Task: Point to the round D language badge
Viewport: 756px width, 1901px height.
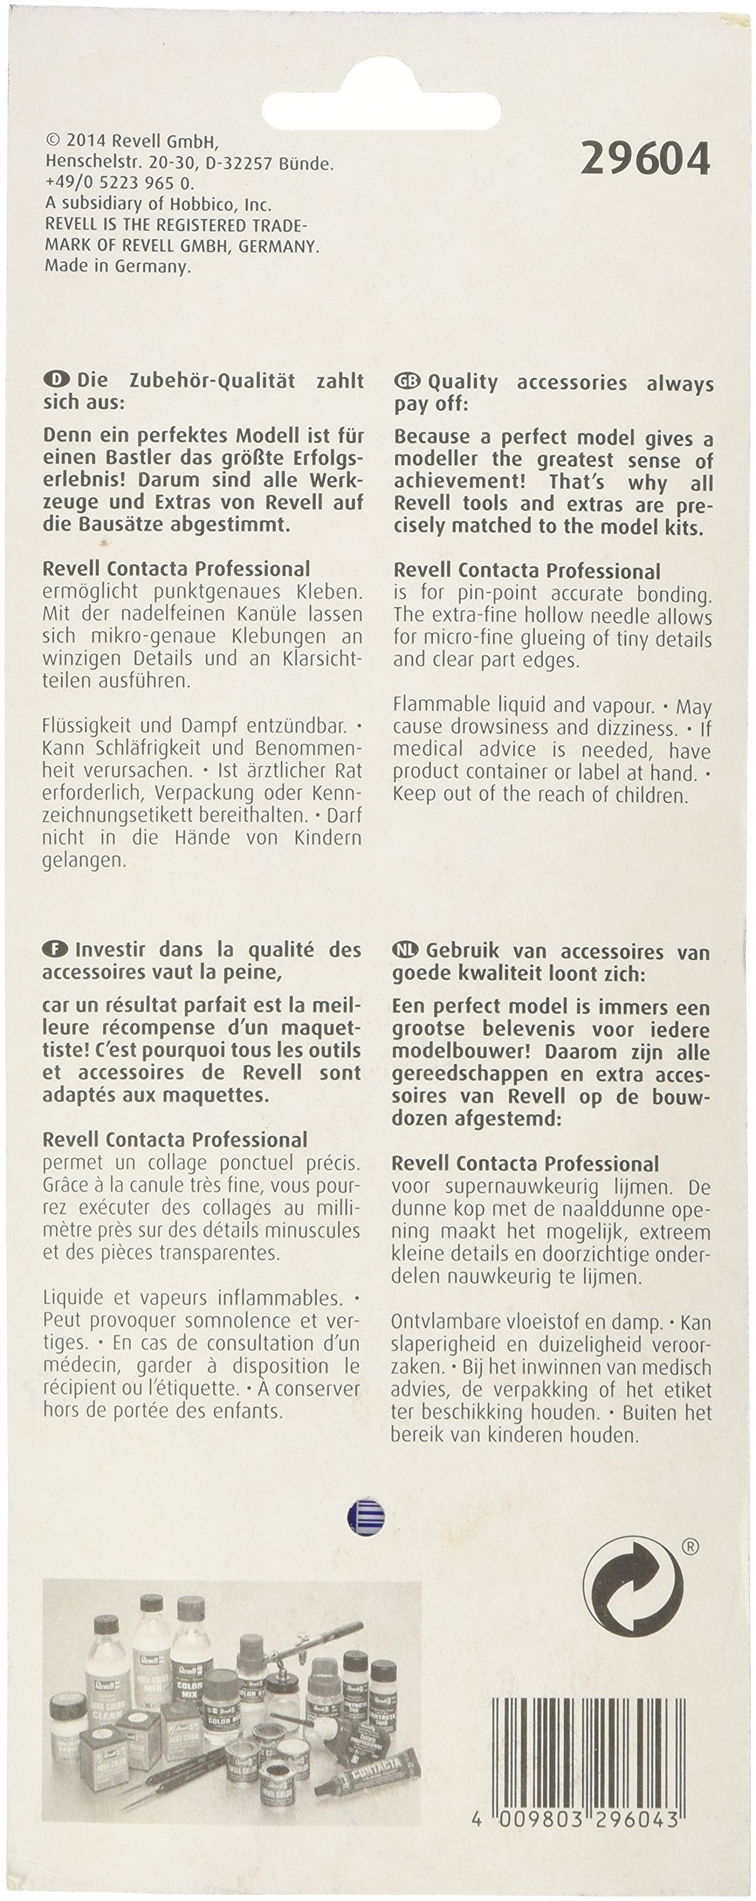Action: click(x=55, y=380)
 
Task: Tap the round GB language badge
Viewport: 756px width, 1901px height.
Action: click(x=407, y=382)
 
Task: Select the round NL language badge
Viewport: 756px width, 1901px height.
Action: click(x=407, y=951)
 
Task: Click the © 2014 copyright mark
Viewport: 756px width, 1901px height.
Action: click(x=52, y=141)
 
